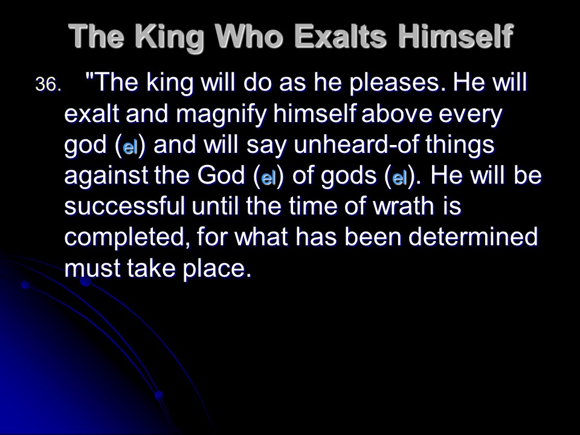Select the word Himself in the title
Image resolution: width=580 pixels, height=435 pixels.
pyautogui.click(x=456, y=36)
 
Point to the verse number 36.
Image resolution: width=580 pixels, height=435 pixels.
pyautogui.click(x=48, y=85)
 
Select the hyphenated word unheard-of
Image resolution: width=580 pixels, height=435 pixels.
pyautogui.click(x=356, y=144)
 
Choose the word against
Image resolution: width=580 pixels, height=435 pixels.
pyautogui.click(x=106, y=175)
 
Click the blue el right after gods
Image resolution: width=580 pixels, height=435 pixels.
pyautogui.click(x=399, y=178)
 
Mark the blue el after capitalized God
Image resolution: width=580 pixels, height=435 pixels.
pyautogui.click(x=269, y=178)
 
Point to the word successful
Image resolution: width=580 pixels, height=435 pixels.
pyautogui.click(x=124, y=206)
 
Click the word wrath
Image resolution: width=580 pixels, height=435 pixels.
pyautogui.click(x=404, y=206)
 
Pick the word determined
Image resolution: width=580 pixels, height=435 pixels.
pyautogui.click(x=473, y=237)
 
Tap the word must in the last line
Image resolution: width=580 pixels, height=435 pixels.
pyautogui.click(x=92, y=268)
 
